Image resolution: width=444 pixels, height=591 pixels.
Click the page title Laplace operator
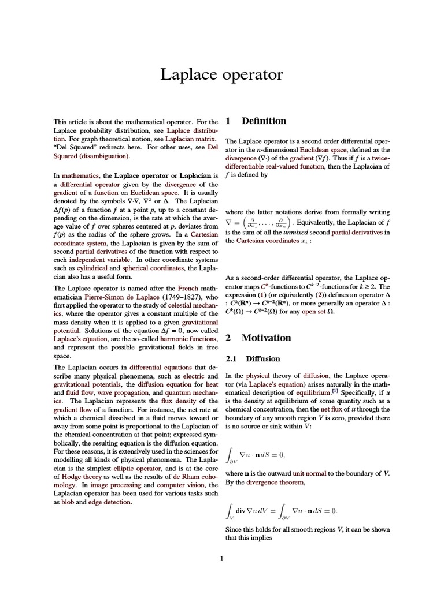click(x=221, y=74)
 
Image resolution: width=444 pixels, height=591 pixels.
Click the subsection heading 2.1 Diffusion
click(x=252, y=358)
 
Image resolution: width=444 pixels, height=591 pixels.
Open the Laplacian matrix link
click(x=190, y=139)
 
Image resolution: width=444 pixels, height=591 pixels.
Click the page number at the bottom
click(x=222, y=558)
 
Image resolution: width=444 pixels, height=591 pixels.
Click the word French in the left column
click(x=187, y=287)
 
